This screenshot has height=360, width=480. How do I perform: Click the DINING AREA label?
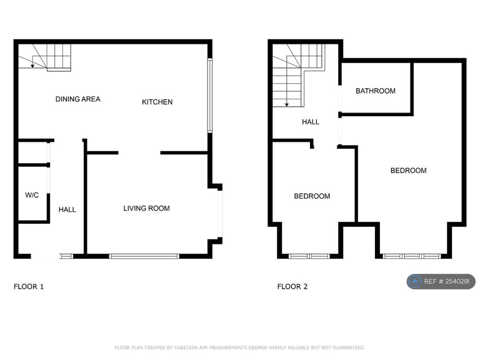77,99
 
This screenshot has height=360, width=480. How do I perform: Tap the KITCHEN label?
157,102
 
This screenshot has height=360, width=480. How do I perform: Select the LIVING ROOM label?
146,209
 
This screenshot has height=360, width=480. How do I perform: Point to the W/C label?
32,196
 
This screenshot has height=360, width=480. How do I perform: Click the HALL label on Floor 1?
67,210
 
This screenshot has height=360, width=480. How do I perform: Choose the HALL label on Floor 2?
311,122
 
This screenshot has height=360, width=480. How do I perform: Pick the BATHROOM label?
375,91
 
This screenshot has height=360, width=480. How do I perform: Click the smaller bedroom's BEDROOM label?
312,196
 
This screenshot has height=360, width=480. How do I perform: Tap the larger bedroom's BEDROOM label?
408,171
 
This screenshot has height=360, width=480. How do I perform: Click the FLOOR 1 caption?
29,287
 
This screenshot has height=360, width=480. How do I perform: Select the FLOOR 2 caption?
292,287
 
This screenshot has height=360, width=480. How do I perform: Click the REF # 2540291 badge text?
448,282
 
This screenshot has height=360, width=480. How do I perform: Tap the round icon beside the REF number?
414,282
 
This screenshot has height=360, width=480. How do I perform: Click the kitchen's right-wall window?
210,95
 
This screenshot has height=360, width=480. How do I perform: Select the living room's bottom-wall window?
144,256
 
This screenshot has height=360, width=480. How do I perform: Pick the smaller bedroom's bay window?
309,256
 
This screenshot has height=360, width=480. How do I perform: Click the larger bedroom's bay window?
412,256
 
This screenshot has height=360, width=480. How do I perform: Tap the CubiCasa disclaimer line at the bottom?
240,347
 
